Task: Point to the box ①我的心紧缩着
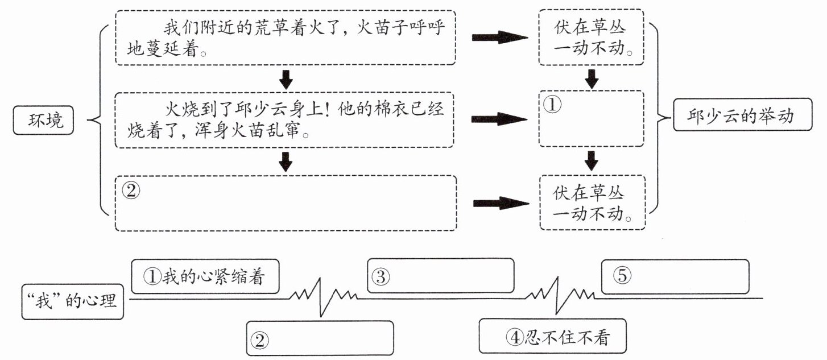tap(205, 276)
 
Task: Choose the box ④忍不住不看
tap(553, 337)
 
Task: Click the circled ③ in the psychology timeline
tap(381, 276)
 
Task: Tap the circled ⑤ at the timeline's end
tap(622, 275)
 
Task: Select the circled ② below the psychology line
tap(259, 340)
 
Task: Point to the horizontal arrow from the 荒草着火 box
tap(499, 38)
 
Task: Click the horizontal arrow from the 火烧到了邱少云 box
tap(499, 119)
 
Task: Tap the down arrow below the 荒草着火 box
tap(286, 79)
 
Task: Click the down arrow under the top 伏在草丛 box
tap(592, 78)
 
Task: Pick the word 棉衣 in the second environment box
tap(373, 110)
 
